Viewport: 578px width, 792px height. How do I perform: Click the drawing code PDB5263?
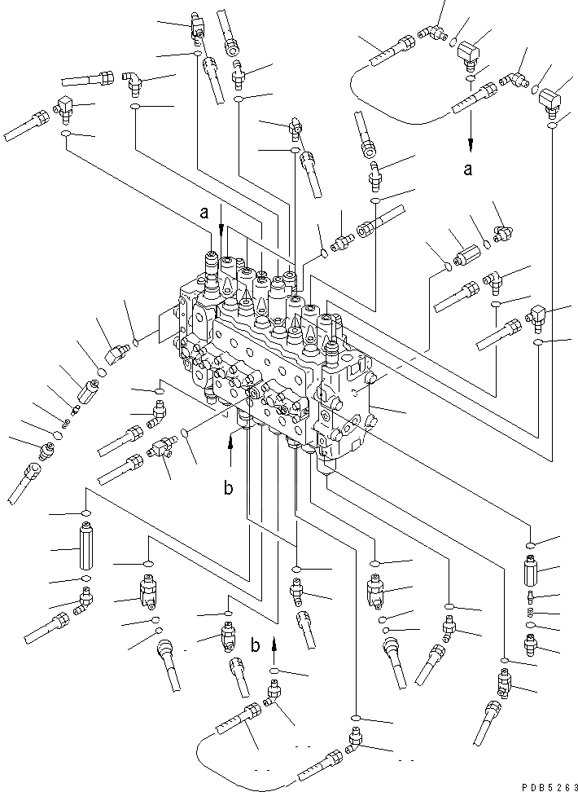pyautogui.click(x=540, y=783)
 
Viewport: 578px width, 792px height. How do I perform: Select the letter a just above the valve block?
pyautogui.click(x=205, y=213)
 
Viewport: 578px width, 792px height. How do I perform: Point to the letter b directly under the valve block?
pyautogui.click(x=229, y=489)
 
